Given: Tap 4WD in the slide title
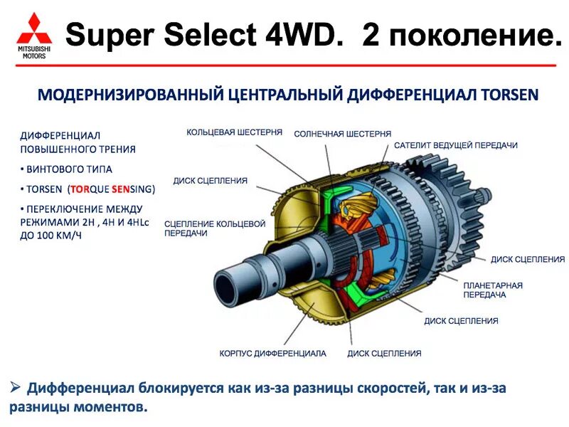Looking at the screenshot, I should click(304, 34).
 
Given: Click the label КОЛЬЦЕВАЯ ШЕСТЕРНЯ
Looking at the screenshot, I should click(234, 132).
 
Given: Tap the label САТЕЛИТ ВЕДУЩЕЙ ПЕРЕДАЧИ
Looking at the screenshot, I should click(455, 145).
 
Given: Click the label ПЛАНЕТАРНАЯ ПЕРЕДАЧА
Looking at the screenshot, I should click(493, 290).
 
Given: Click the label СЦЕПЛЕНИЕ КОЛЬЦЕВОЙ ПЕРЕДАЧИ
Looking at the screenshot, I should click(214, 228).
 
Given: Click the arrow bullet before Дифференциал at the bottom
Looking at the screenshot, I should click(15, 388).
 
